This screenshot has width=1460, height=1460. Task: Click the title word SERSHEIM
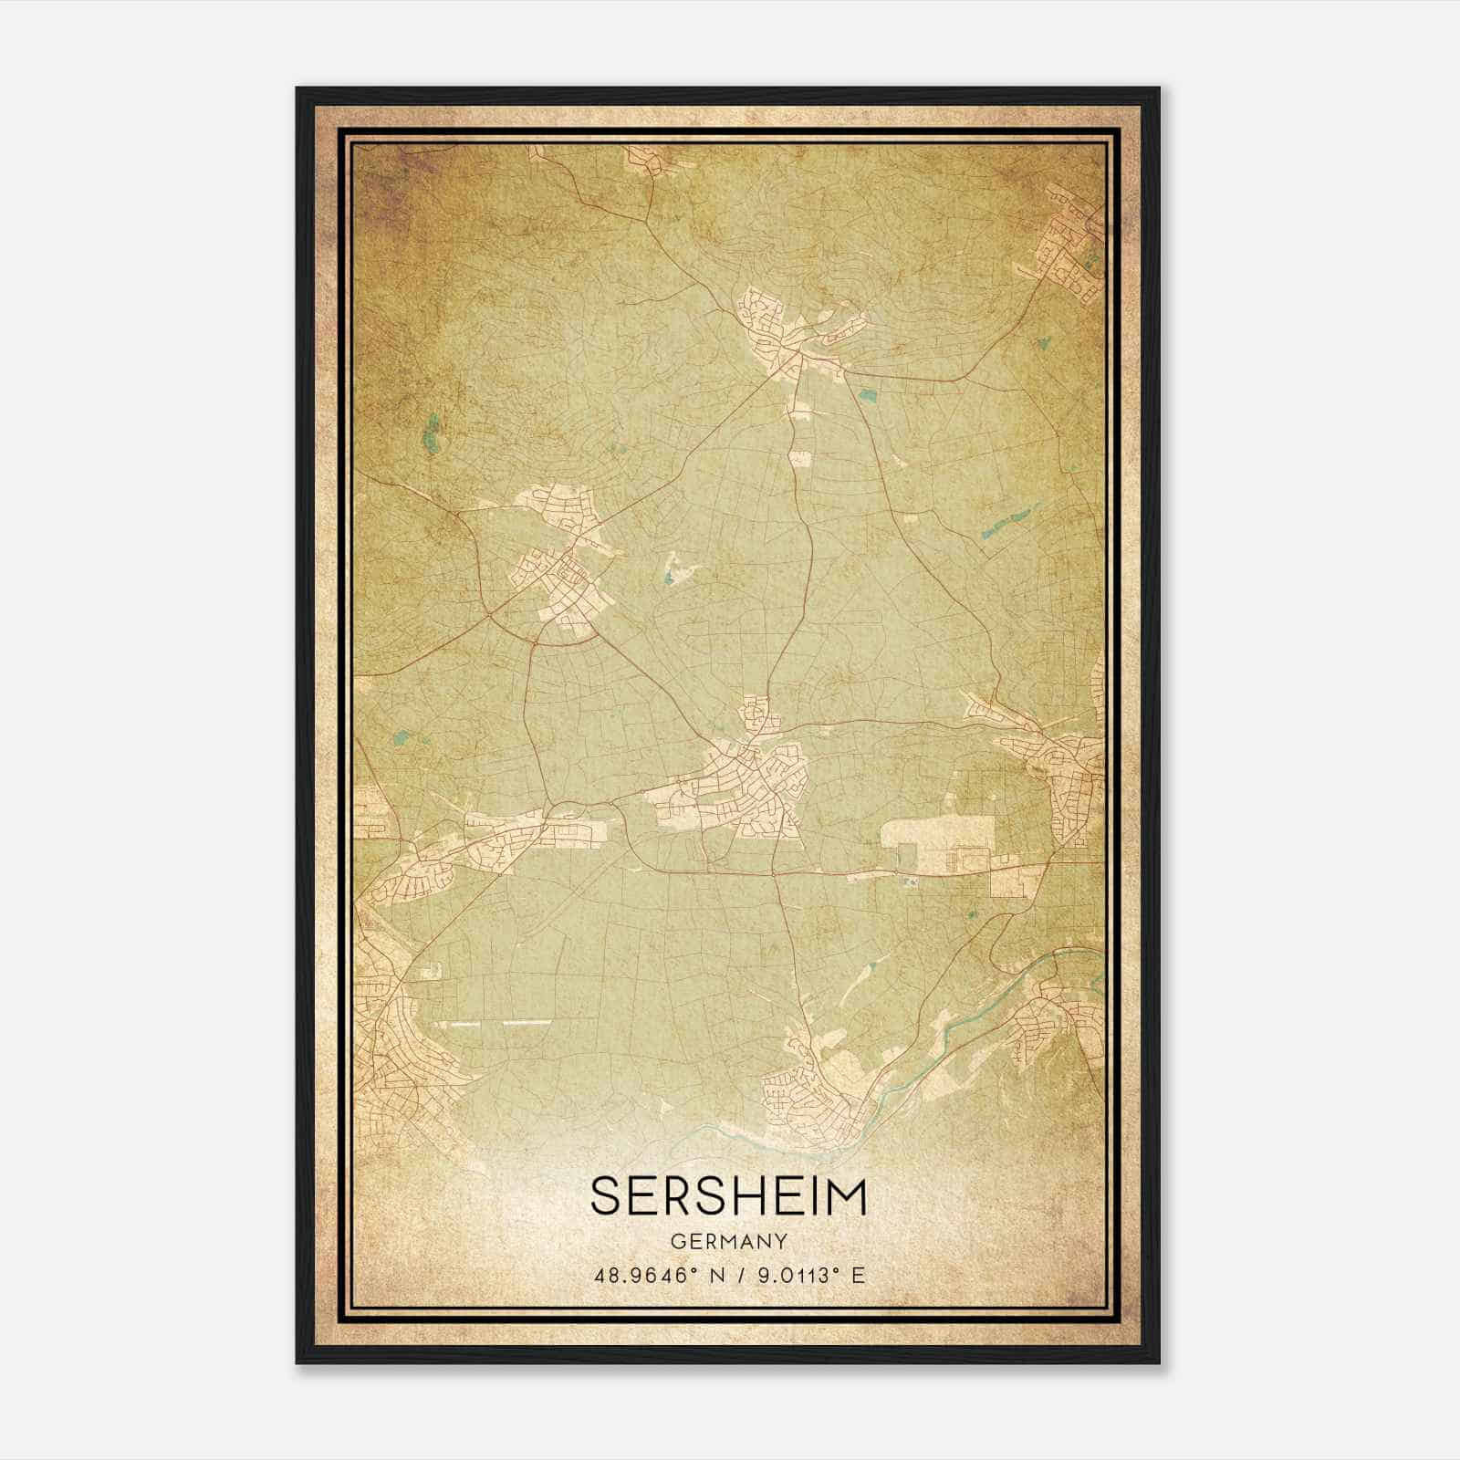[x=728, y=1196]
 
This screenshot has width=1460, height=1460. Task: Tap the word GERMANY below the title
[x=728, y=1241]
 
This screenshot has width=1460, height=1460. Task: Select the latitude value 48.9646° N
[x=655, y=1275]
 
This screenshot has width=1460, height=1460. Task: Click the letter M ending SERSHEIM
[x=846, y=1196]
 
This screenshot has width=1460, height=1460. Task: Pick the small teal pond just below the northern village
[x=868, y=396]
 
